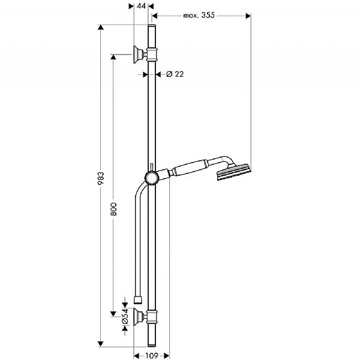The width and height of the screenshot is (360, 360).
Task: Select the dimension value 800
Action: click(x=113, y=208)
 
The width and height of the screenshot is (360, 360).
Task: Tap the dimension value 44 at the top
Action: click(x=141, y=6)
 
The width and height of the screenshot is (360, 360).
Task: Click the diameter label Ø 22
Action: click(x=173, y=74)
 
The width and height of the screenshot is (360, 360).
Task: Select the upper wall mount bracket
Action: click(x=139, y=54)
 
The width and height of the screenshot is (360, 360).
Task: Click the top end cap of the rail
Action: click(x=152, y=28)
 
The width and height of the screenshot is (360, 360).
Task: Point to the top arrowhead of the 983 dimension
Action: click(x=101, y=28)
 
